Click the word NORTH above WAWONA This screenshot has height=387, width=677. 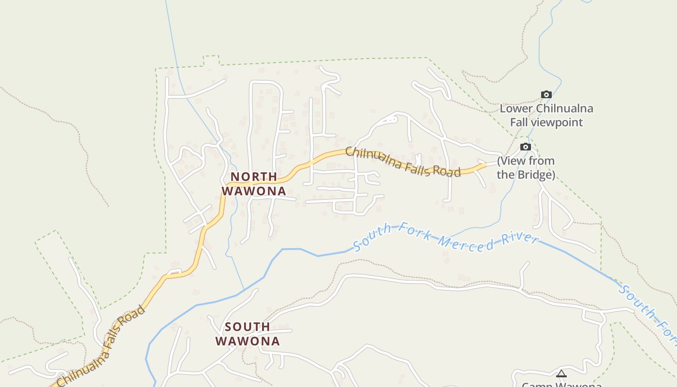(253, 177)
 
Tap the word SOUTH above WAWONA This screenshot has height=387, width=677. (247, 327)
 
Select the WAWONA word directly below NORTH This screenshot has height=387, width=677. (254, 191)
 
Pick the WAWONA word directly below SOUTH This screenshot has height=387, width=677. (247, 342)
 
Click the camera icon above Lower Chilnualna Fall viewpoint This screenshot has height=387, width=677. (546, 95)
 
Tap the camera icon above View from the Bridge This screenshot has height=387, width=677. (525, 147)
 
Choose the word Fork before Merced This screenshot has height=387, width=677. (411, 231)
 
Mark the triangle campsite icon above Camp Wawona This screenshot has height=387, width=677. (561, 373)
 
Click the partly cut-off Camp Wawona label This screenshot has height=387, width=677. (561, 384)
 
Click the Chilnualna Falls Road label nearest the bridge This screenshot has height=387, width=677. (402, 163)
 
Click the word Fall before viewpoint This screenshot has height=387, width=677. (519, 122)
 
